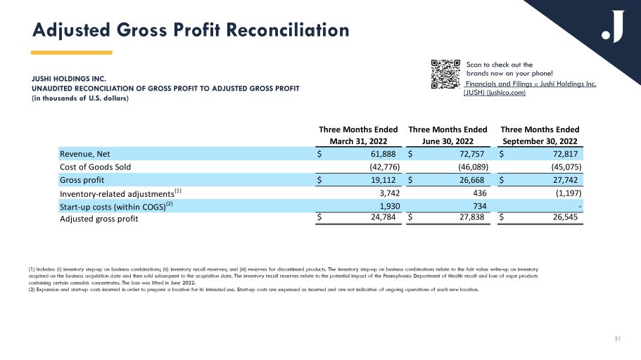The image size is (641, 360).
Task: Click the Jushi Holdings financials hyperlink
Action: pyautogui.click(x=530, y=89)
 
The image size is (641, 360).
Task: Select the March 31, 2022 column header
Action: pyautogui.click(x=359, y=139)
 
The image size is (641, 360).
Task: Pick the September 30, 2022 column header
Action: pyautogui.click(x=540, y=139)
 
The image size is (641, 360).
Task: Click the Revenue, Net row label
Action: pyautogui.click(x=84, y=153)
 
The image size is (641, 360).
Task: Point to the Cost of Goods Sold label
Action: pyautogui.click(x=95, y=167)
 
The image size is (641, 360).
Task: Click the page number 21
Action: pyautogui.click(x=617, y=341)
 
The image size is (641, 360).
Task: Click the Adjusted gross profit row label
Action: pyautogui.click(x=99, y=219)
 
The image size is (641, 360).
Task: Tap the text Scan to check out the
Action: pyautogui.click(x=500, y=65)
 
